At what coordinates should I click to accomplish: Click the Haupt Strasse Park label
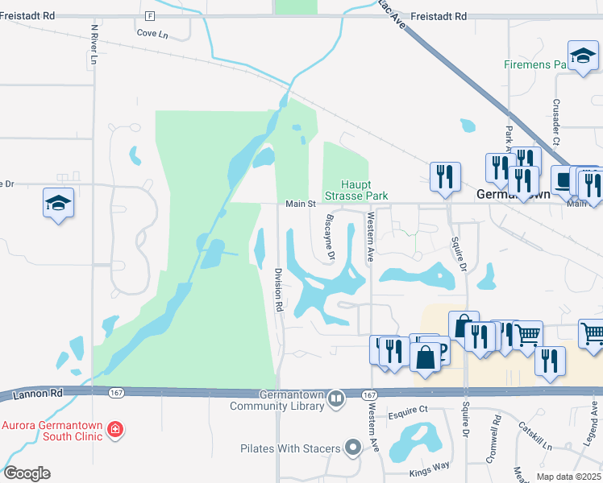356,190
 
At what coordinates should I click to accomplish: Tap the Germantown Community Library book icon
337,398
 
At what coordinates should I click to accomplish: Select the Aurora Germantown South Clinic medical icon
115,430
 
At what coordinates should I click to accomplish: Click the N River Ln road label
94,44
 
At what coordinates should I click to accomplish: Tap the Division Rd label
278,290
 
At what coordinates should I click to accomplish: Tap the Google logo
27,473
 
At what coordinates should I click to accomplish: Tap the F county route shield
150,16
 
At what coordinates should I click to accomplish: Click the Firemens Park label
536,64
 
